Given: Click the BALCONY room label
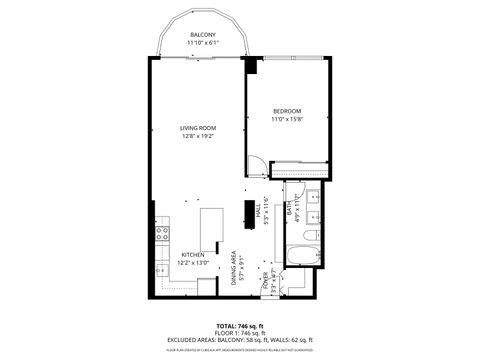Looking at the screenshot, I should point(203,35).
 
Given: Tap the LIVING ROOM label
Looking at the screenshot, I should point(198,128).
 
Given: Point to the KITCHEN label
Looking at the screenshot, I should point(193,255).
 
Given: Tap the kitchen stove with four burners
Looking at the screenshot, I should point(161,236).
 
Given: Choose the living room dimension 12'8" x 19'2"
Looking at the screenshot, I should point(198,137).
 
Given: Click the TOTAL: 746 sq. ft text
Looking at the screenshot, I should point(240,326).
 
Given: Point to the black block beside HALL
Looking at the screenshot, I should point(247,212).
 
